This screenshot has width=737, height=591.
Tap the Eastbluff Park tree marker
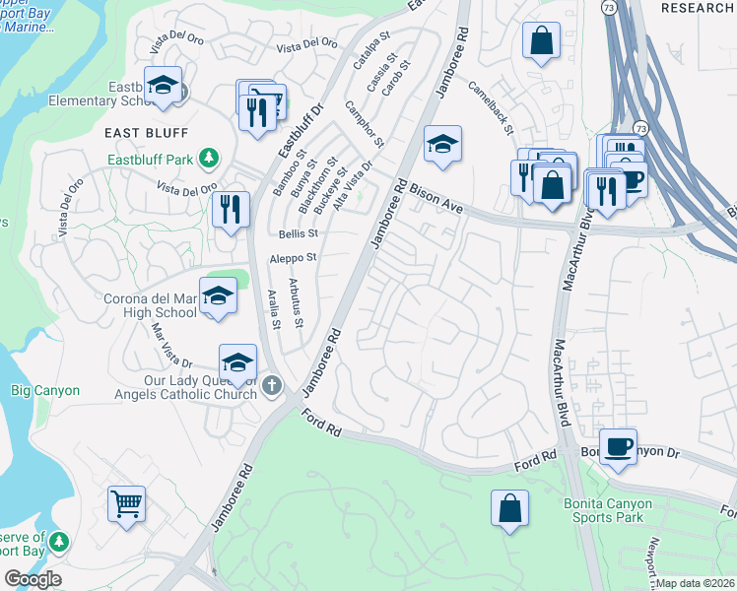coord(208,158)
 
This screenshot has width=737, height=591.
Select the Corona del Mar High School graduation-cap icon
coord(218,295)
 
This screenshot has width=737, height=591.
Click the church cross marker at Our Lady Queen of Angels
coord(273,385)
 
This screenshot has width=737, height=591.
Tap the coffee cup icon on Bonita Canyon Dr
coord(618,446)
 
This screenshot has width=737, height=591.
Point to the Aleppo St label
coord(294,258)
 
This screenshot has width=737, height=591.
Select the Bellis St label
coord(299,234)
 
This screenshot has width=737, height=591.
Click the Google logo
coord(33,578)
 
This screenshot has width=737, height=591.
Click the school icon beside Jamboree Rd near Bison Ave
coord(442,144)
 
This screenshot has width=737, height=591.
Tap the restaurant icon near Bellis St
coord(230,209)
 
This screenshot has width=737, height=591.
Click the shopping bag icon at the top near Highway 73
coord(541,41)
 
